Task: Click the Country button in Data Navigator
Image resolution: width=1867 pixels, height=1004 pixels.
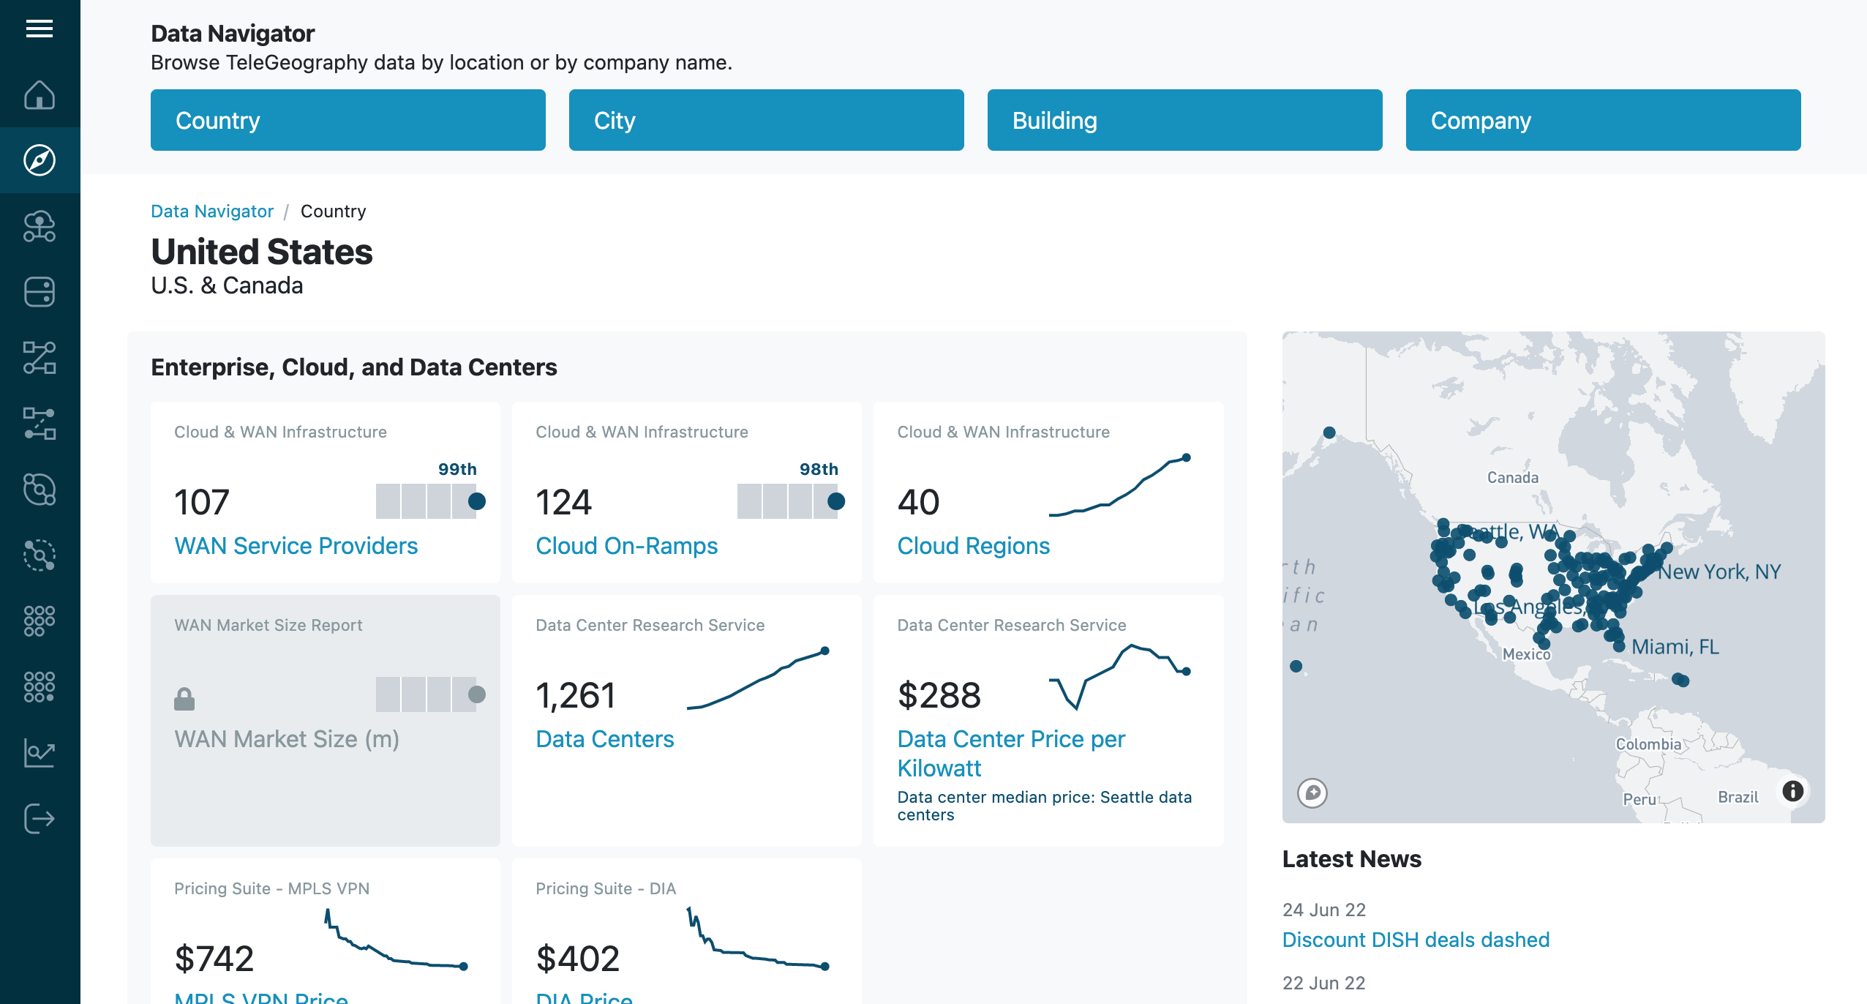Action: [348, 120]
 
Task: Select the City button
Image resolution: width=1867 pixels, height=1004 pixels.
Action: [766, 120]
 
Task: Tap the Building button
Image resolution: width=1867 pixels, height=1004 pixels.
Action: [1184, 120]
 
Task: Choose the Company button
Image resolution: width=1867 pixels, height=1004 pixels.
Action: [1603, 120]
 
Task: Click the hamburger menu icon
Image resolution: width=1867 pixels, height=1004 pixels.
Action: [40, 29]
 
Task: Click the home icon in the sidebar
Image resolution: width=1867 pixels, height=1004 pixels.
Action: [40, 94]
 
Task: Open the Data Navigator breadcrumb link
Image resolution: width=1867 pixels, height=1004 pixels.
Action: [212, 211]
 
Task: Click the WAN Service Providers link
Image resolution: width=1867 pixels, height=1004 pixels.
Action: [296, 546]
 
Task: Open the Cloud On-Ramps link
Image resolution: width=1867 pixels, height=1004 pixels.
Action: [626, 546]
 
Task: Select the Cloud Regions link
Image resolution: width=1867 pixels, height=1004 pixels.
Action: [973, 546]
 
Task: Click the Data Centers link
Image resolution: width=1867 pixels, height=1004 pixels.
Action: [604, 739]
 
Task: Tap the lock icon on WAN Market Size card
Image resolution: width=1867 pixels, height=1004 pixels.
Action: [184, 699]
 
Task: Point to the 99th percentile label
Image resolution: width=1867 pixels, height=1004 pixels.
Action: [457, 469]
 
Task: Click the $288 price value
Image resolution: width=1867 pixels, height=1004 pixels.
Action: [939, 695]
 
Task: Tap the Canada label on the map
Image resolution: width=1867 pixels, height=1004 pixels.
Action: [1512, 478]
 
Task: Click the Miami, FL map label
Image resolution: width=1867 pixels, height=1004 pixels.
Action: [1675, 647]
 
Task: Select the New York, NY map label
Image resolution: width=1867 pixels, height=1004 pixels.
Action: [1718, 572]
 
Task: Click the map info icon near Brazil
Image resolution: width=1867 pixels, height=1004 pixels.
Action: [1792, 791]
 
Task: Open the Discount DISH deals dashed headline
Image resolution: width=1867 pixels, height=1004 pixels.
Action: [1416, 940]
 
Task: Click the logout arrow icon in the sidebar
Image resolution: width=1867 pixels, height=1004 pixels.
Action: [40, 818]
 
